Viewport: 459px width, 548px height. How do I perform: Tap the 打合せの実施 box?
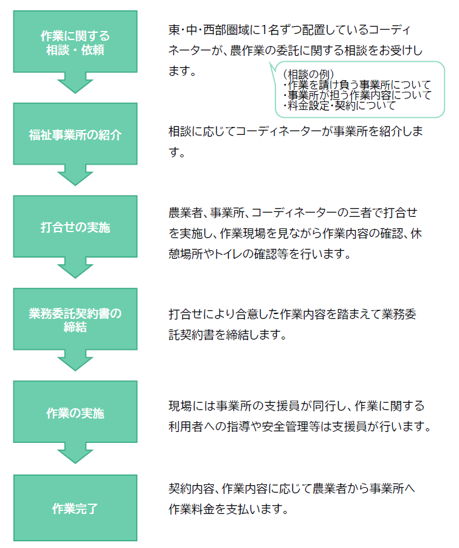pos(75,227)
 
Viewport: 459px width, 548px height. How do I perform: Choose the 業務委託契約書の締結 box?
pos(75,320)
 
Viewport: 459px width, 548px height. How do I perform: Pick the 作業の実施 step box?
pos(75,413)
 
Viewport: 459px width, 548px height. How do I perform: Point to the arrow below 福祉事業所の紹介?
pos(75,176)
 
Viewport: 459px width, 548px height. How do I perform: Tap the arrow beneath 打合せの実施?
pos(75,269)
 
